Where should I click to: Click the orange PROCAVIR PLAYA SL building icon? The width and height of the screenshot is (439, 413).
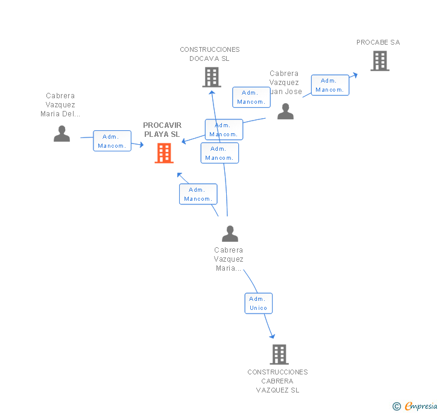[x=164, y=153]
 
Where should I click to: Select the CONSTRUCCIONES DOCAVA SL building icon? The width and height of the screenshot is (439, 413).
[x=211, y=77]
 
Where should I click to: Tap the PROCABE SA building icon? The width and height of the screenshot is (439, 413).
[x=379, y=61]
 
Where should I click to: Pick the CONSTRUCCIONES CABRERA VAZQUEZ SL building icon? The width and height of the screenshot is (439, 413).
[x=279, y=355]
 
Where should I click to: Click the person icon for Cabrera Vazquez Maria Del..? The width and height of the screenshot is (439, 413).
[x=62, y=134]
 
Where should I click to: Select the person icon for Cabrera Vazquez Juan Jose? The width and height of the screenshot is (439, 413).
[x=285, y=112]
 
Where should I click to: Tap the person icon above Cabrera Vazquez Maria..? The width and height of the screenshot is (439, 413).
[x=230, y=233]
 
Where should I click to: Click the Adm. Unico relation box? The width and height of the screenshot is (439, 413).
[x=258, y=303]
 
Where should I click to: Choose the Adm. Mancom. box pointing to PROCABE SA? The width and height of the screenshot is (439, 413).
[x=329, y=85]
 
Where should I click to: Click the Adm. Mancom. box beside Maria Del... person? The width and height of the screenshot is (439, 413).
[x=112, y=141]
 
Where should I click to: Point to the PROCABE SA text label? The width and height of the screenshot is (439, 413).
[x=378, y=42]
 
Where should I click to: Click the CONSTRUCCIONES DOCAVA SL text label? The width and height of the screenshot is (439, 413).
[x=209, y=54]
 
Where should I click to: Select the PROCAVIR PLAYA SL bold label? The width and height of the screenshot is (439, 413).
[x=162, y=130]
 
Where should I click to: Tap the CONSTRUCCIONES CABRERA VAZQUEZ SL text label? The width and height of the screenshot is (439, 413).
[x=277, y=381]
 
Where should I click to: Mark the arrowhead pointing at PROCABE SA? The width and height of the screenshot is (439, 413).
[x=355, y=75]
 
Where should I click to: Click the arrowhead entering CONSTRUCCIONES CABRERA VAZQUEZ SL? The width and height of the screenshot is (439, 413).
[x=272, y=335]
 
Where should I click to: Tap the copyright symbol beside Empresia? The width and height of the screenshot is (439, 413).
[x=396, y=406]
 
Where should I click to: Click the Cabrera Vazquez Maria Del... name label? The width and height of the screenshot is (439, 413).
[x=60, y=104]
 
